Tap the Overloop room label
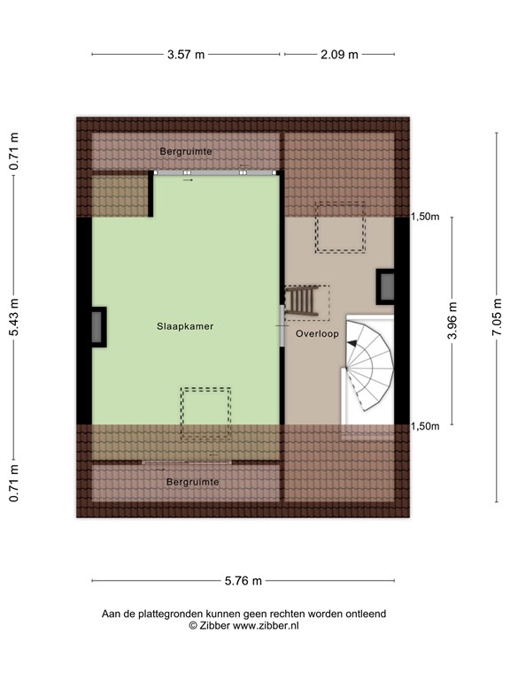click(318, 335)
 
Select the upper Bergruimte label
click(186, 151)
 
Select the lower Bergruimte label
click(192, 482)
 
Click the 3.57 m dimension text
click(186, 54)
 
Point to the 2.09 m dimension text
click(339, 54)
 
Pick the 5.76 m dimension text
click(243, 581)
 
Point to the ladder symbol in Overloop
click(304, 301)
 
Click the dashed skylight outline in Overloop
click(341, 227)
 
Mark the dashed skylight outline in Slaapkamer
click(206, 414)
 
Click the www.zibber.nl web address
click(266, 625)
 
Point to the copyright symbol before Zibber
click(192, 625)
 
